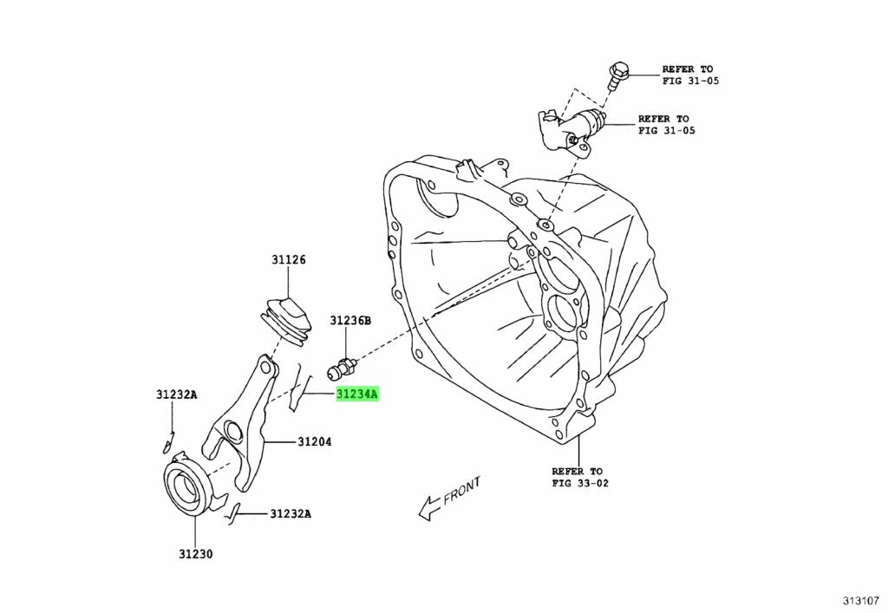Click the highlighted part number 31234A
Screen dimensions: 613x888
357,395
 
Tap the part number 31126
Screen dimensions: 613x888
288,260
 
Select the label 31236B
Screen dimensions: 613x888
349,321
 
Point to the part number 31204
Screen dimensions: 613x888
315,442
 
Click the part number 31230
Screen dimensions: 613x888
196,554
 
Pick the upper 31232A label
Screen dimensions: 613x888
177,395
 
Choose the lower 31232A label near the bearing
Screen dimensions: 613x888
290,513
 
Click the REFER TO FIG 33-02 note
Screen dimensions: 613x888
580,477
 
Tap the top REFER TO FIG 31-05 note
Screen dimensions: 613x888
690,75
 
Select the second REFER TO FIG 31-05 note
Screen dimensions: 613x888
666,125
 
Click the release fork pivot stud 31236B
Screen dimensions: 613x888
339,371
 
